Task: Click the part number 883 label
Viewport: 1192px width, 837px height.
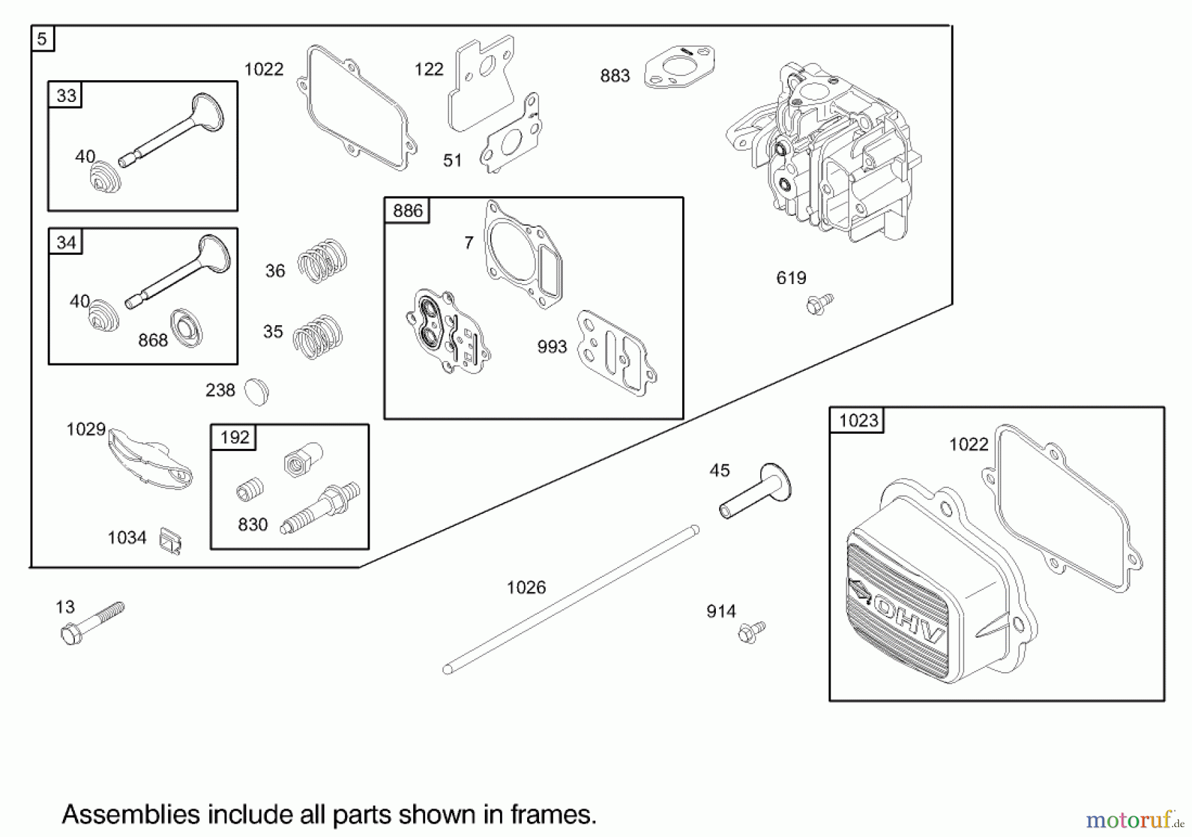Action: tap(615, 76)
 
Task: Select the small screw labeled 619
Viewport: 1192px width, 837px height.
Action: tap(819, 305)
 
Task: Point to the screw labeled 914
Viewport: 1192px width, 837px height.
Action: tap(752, 632)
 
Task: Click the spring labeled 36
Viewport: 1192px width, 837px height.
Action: tap(322, 260)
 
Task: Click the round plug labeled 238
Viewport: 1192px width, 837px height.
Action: tap(256, 391)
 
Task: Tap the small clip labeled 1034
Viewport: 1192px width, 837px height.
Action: tap(170, 541)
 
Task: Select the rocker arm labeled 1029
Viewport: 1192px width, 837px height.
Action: tap(150, 459)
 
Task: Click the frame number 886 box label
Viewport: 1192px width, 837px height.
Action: tap(407, 211)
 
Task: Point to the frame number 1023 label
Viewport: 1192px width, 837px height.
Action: tap(858, 420)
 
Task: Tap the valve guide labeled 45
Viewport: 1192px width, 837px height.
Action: tap(756, 491)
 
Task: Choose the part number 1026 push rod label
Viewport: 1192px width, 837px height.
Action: tap(526, 587)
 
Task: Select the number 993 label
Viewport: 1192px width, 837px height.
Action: tap(552, 347)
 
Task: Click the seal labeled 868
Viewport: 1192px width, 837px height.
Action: tap(186, 328)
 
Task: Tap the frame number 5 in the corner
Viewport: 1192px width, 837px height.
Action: tap(42, 39)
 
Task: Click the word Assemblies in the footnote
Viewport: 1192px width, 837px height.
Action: tap(130, 814)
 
